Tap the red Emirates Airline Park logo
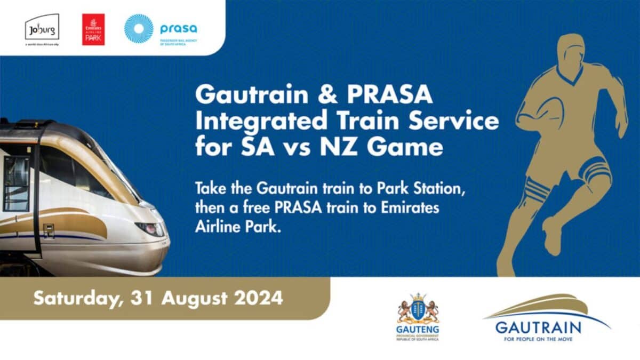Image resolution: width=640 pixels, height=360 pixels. pos(93,29)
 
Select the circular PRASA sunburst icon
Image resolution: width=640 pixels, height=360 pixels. pos(139,28)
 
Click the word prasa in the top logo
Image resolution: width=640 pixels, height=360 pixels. pos(178,28)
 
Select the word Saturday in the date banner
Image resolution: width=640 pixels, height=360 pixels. pos(74,298)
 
